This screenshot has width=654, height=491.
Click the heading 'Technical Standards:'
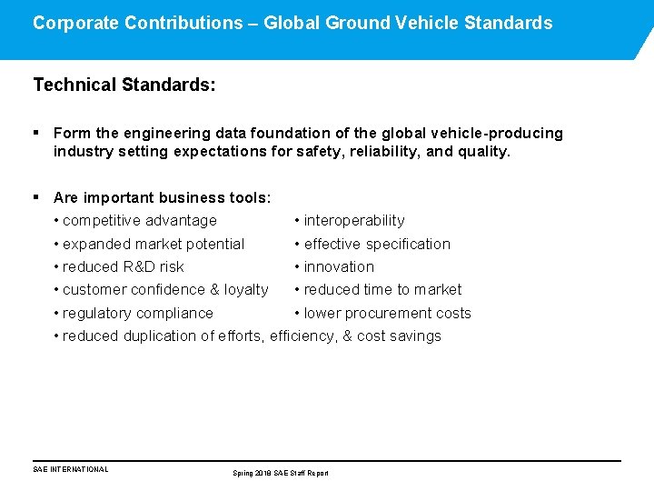point(124,85)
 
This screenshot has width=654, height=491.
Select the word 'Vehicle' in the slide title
point(428,23)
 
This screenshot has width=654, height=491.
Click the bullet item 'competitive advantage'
point(140,220)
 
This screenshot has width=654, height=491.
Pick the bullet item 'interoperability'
point(354,220)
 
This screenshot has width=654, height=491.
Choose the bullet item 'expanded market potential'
point(154,244)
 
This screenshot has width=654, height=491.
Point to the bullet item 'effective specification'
point(377,244)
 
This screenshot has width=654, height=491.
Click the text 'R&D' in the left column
point(139,266)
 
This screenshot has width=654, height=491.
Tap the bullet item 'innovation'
point(339,266)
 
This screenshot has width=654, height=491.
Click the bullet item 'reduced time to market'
point(382,289)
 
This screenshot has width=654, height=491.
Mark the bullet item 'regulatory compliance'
point(138,313)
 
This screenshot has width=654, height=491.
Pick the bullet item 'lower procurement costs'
point(387,313)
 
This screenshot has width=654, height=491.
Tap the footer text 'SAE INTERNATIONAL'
point(71,469)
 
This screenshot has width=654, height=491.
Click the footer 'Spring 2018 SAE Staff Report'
point(281,473)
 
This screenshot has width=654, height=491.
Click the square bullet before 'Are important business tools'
point(36,197)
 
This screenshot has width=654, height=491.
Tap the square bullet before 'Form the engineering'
point(36,133)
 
